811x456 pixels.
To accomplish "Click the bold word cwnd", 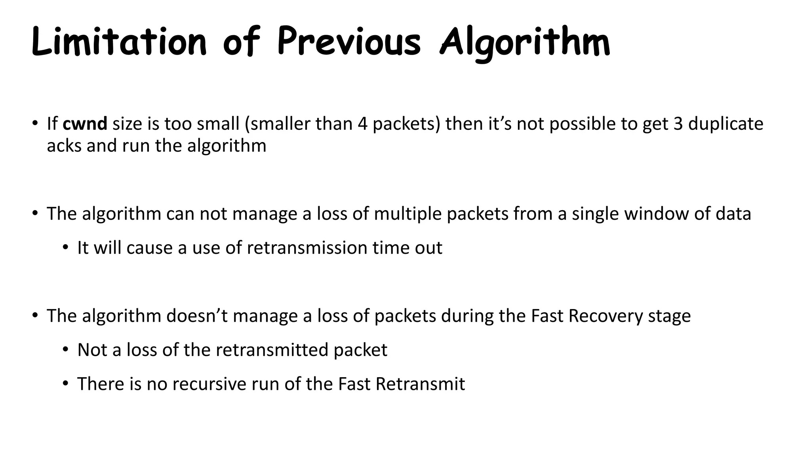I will pyautogui.click(x=85, y=124).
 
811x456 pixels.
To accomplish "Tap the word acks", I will pyautogui.click(x=64, y=146).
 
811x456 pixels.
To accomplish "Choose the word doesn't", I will pyautogui.click(x=196, y=316).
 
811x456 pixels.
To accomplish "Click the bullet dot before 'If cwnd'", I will pyautogui.click(x=35, y=123).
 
